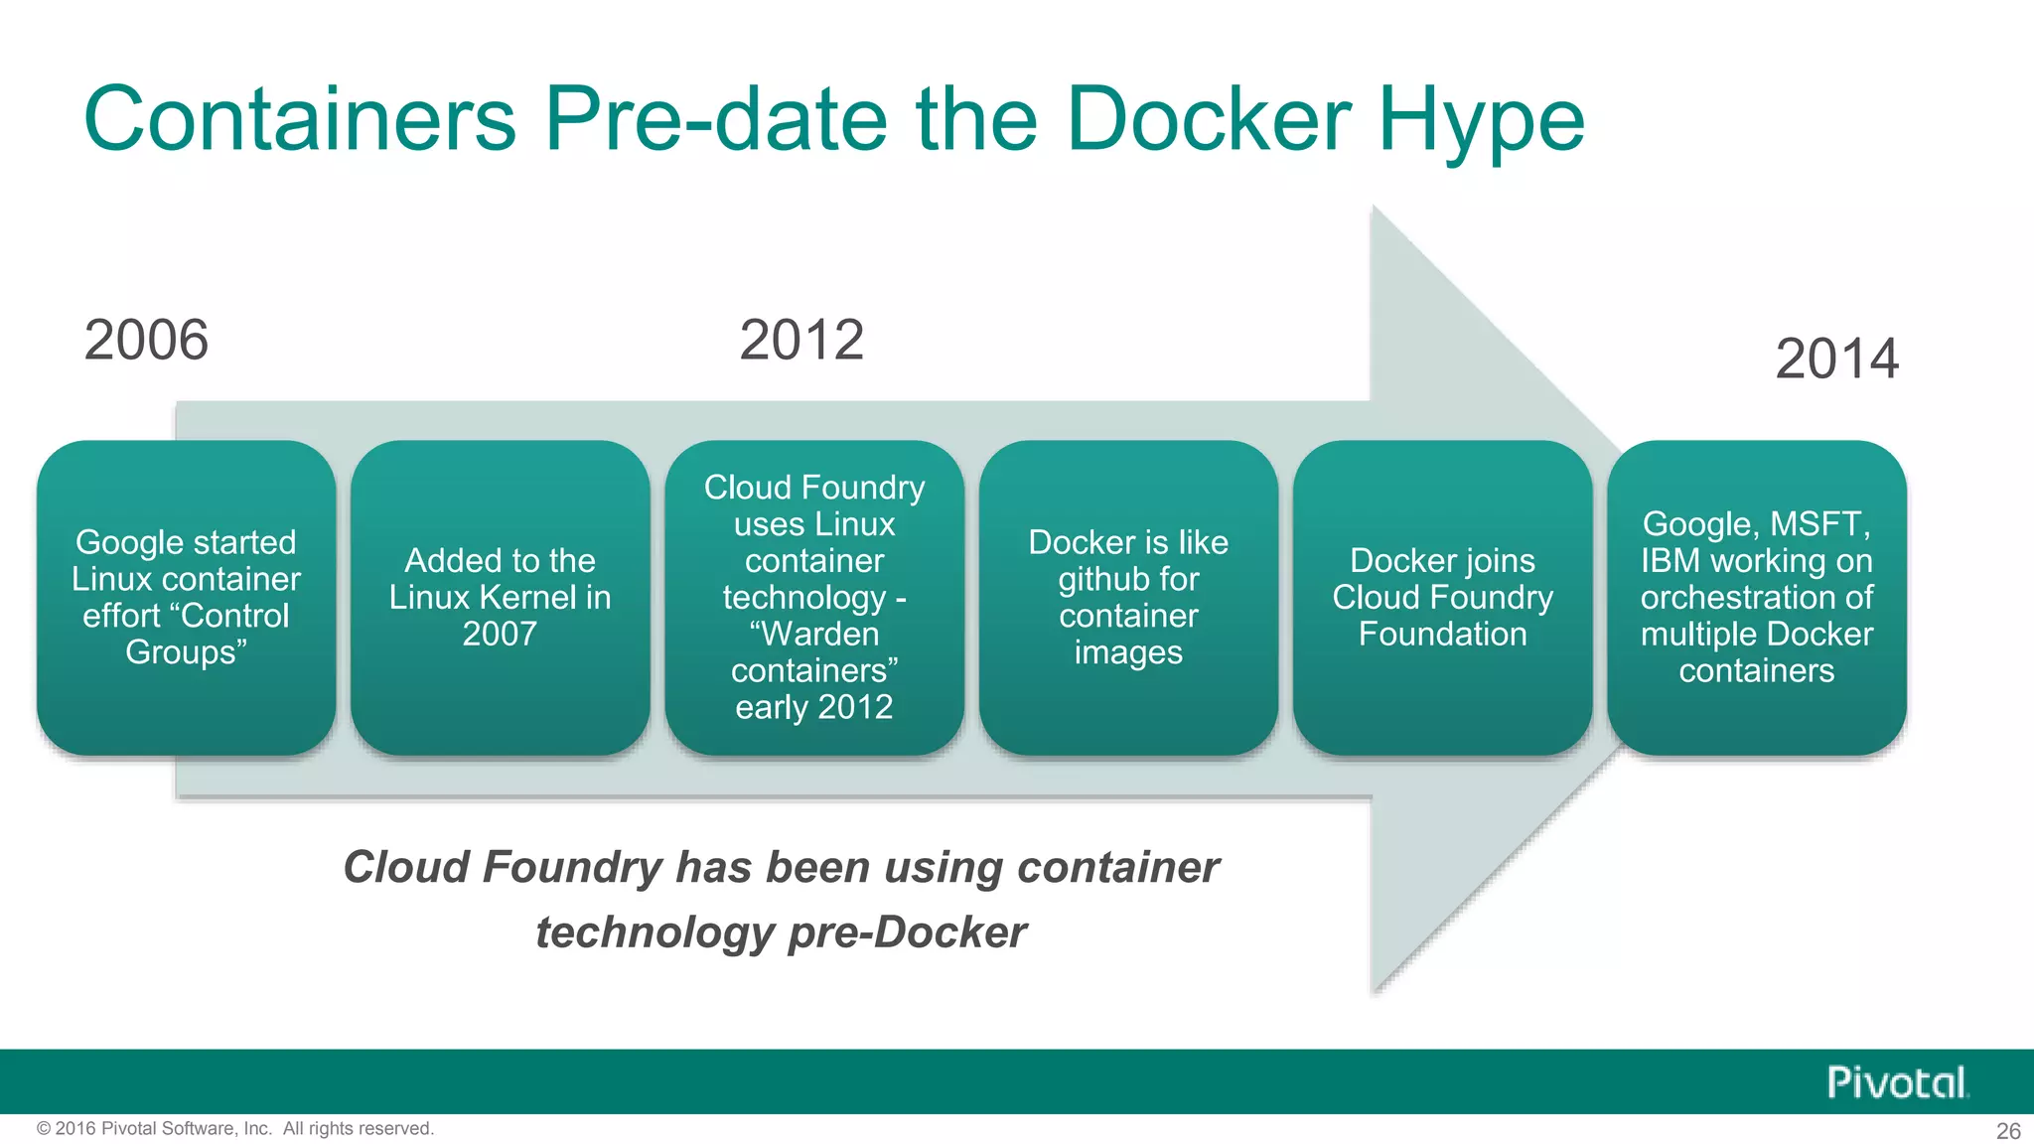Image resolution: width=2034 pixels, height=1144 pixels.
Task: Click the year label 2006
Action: pyautogui.click(x=146, y=341)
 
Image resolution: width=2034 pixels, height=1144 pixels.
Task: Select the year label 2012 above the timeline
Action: pyautogui.click(x=801, y=341)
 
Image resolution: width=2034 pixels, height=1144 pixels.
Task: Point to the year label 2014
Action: pyautogui.click(x=1836, y=358)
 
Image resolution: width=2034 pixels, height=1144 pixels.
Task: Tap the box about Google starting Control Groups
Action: pyautogui.click(x=186, y=597)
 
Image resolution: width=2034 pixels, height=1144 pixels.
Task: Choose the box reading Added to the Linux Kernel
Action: pyautogui.click(x=500, y=597)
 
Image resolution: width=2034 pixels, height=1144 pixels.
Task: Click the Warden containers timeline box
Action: pyautogui.click(x=814, y=597)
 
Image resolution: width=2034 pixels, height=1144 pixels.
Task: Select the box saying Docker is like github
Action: pyautogui.click(x=1128, y=597)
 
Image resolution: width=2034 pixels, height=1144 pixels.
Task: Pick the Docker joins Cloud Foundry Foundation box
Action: pyautogui.click(x=1442, y=597)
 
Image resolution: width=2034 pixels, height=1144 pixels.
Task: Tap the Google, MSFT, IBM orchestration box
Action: pyautogui.click(x=1756, y=597)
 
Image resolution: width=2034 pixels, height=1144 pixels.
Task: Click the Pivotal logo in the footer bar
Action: pyautogui.click(x=1897, y=1082)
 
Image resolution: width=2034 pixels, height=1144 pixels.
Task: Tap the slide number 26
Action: pyautogui.click(x=2008, y=1131)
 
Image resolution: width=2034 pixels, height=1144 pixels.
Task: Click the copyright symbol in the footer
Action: pyautogui.click(x=44, y=1129)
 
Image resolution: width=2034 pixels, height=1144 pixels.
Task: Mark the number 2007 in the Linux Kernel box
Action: pyautogui.click(x=500, y=634)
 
